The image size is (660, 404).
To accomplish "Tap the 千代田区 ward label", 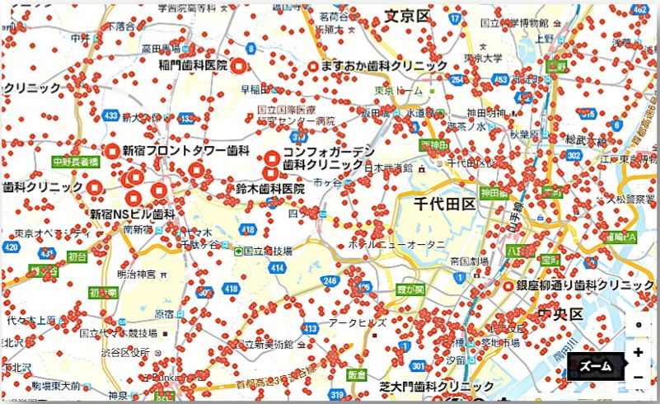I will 445,204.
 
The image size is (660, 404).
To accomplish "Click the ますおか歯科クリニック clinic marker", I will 314,65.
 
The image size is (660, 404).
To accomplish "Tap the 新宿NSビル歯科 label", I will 132,214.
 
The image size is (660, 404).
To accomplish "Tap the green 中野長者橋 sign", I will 76,162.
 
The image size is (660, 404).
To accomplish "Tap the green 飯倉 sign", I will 357,373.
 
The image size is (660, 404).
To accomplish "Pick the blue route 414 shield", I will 281,268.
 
